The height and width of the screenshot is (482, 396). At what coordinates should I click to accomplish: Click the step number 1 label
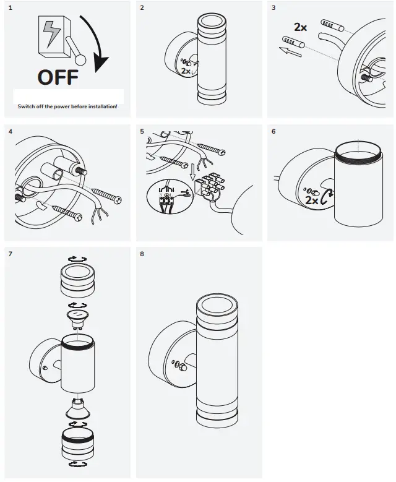pyautogui.click(x=11, y=8)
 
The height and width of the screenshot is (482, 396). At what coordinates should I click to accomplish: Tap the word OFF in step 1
pyautogui.click(x=58, y=77)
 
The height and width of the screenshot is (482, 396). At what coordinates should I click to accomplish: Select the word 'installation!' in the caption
pyautogui.click(x=103, y=106)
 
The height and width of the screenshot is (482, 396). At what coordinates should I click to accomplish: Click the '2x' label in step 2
pyautogui.click(x=186, y=71)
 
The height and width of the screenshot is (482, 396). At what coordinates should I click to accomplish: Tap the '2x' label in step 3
pyautogui.click(x=300, y=27)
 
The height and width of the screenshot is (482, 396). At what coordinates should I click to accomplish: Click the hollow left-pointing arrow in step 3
pyautogui.click(x=290, y=51)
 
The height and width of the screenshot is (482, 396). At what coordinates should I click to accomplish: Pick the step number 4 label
pyautogui.click(x=11, y=132)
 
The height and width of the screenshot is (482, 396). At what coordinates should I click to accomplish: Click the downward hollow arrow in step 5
pyautogui.click(x=192, y=172)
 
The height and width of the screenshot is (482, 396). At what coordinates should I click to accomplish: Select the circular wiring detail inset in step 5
pyautogui.click(x=170, y=196)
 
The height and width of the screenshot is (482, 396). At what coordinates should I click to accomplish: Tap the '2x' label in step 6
pyautogui.click(x=311, y=200)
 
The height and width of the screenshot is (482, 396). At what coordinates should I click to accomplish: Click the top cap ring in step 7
pyautogui.click(x=77, y=281)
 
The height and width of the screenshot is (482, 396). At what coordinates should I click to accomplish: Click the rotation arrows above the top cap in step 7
pyautogui.click(x=77, y=259)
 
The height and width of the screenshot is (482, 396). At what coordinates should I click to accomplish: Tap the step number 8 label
pyautogui.click(x=142, y=254)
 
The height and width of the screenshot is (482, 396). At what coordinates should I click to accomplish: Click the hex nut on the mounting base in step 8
pyautogui.click(x=183, y=367)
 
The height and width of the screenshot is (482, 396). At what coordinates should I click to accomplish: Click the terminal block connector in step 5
pyautogui.click(x=208, y=187)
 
